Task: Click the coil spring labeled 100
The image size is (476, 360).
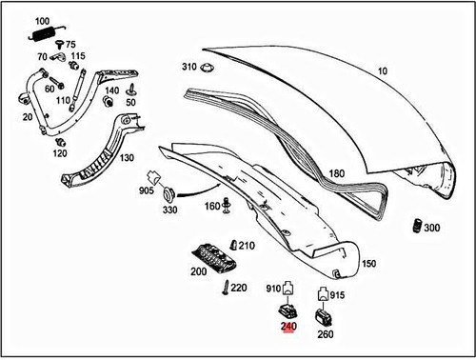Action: (47, 33)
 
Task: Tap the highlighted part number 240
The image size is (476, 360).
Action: (288, 327)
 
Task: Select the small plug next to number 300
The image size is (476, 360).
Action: (417, 226)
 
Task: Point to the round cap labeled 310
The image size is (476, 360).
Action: (208, 68)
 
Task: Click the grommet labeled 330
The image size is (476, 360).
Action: (169, 194)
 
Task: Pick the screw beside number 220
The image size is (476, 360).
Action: (226, 288)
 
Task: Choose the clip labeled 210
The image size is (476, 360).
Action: (233, 245)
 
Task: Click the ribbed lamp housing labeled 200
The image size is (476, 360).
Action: (215, 257)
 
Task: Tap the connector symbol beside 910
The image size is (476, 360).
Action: (288, 288)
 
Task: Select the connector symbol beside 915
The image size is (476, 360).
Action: (323, 294)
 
